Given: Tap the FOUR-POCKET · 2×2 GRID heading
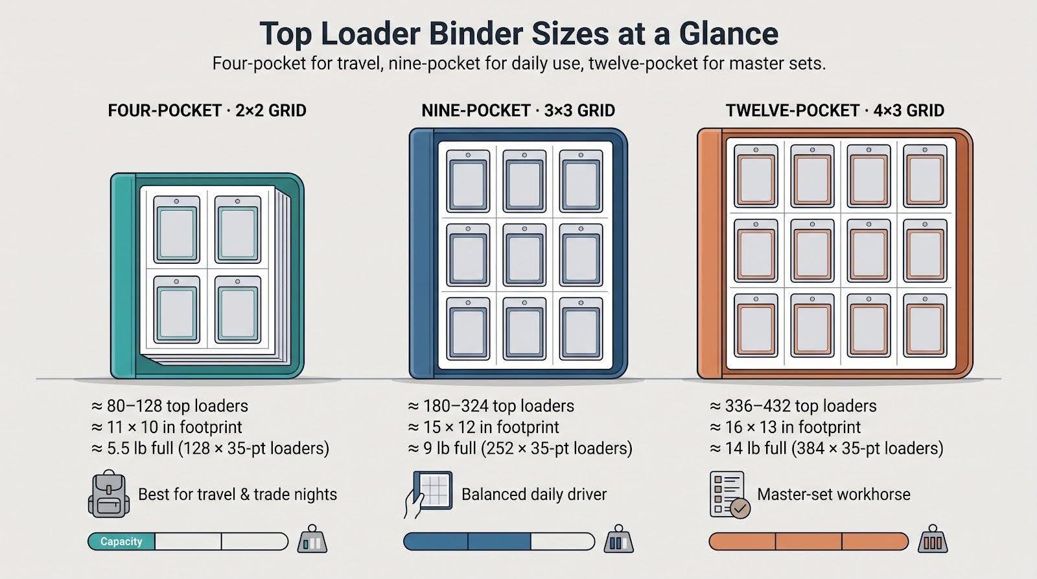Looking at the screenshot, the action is click(207, 111).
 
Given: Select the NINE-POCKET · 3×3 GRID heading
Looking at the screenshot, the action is click(518, 111).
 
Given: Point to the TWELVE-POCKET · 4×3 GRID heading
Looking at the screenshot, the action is click(835, 111).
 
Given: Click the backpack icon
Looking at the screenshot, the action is click(109, 494).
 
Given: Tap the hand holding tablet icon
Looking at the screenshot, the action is click(428, 495).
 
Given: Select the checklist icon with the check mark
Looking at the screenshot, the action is click(730, 495).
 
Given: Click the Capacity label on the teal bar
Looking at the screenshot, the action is click(121, 541).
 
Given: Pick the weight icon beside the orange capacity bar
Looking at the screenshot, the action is click(933, 539).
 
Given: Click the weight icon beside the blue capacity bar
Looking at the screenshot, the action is click(618, 539).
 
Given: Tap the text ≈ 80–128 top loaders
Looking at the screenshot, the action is click(169, 407).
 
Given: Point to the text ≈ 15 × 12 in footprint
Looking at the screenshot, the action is click(484, 427).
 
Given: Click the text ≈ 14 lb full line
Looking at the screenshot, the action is click(826, 449).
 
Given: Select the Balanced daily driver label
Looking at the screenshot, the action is click(534, 494).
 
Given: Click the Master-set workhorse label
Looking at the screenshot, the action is click(833, 494).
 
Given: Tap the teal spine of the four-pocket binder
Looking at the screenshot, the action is click(123, 276).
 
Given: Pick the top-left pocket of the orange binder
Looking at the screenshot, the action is click(756, 176).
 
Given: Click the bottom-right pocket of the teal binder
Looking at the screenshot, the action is click(237, 309).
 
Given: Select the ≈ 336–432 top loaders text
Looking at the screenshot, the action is click(793, 407).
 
